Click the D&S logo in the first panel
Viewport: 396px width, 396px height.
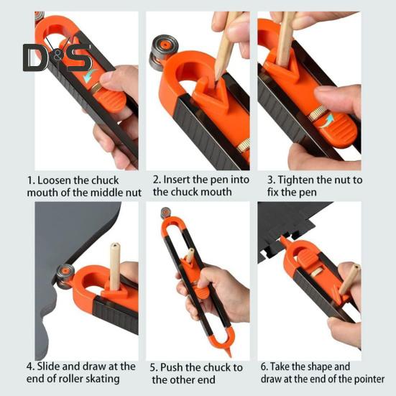57,58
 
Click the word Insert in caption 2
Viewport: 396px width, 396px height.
177,180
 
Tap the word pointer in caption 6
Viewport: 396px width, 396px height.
369,379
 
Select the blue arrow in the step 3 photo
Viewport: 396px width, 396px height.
328,121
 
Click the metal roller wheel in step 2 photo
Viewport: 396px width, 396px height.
163,52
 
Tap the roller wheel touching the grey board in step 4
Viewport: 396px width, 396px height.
65,277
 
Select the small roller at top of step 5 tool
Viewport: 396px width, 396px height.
166,213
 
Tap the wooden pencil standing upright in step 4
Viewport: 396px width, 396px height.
115,267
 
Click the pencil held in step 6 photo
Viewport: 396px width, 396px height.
349,280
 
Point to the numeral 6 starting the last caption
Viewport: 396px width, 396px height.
264,367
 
